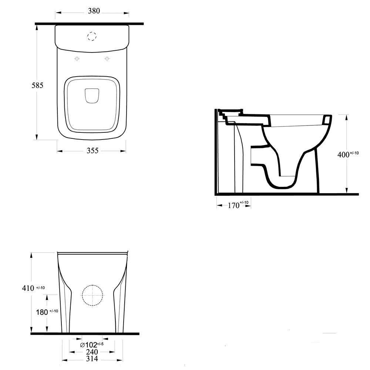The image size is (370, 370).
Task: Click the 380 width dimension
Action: pos(94,11)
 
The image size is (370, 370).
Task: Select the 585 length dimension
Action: pos(37,85)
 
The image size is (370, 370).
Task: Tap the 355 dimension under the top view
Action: pos(92,151)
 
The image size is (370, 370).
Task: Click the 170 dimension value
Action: pos(233,205)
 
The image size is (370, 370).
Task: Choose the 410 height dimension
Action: pos(29,287)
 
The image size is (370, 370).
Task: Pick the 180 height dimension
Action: pos(42,312)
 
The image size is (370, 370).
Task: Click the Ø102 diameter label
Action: pos(88,345)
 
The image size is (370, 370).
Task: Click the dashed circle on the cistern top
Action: pos(91,36)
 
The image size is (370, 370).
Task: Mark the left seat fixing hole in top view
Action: pos(77,59)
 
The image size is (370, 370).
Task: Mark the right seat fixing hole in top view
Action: pos(107,59)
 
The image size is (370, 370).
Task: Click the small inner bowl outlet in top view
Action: pos(92,95)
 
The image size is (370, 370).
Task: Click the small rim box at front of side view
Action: pos(327,120)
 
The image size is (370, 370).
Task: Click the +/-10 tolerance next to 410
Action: pos(41,287)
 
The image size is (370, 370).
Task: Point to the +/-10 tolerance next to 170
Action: pos(245,202)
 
